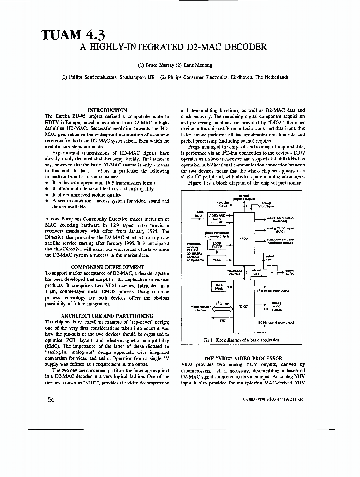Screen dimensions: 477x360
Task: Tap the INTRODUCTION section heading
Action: pyautogui.click(x=107, y=110)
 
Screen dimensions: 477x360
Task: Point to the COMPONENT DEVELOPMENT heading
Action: pyautogui.click(x=107, y=267)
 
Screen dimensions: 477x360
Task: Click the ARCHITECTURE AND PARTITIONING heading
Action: pyautogui.click(x=107, y=316)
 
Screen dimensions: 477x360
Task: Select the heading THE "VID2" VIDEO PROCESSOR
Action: pyautogui.click(x=243, y=358)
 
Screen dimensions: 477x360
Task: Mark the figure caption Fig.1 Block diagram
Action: pyautogui.click(x=240, y=340)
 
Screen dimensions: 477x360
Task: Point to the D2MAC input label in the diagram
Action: pyautogui.click(x=196, y=214)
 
